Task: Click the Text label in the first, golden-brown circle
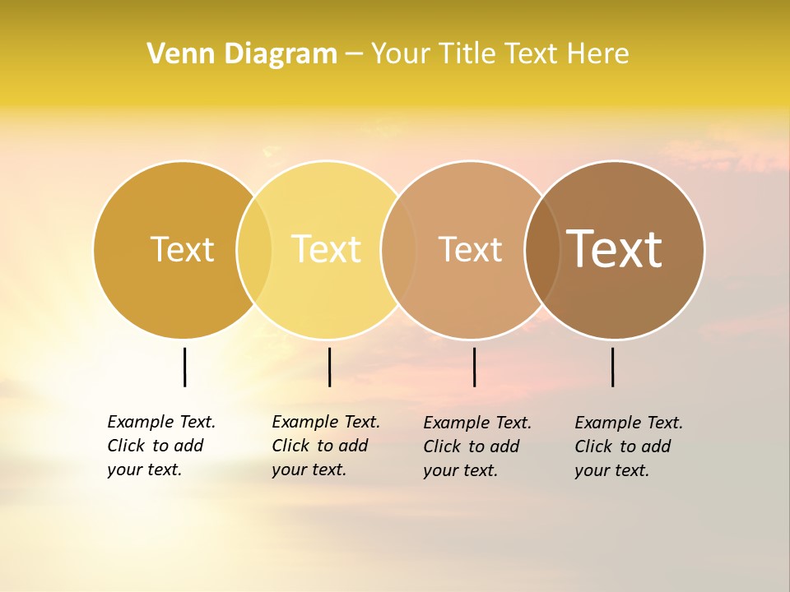[182, 249]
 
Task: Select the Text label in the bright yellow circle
[326, 249]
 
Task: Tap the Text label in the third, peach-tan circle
[470, 249]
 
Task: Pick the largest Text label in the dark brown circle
[614, 249]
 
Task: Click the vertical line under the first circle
[184, 367]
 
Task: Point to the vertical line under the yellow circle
[329, 367]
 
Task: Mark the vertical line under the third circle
[474, 367]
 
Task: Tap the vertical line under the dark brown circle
[612, 367]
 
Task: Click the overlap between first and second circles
[254, 249]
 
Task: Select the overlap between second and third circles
[398, 249]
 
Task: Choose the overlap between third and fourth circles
[542, 249]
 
